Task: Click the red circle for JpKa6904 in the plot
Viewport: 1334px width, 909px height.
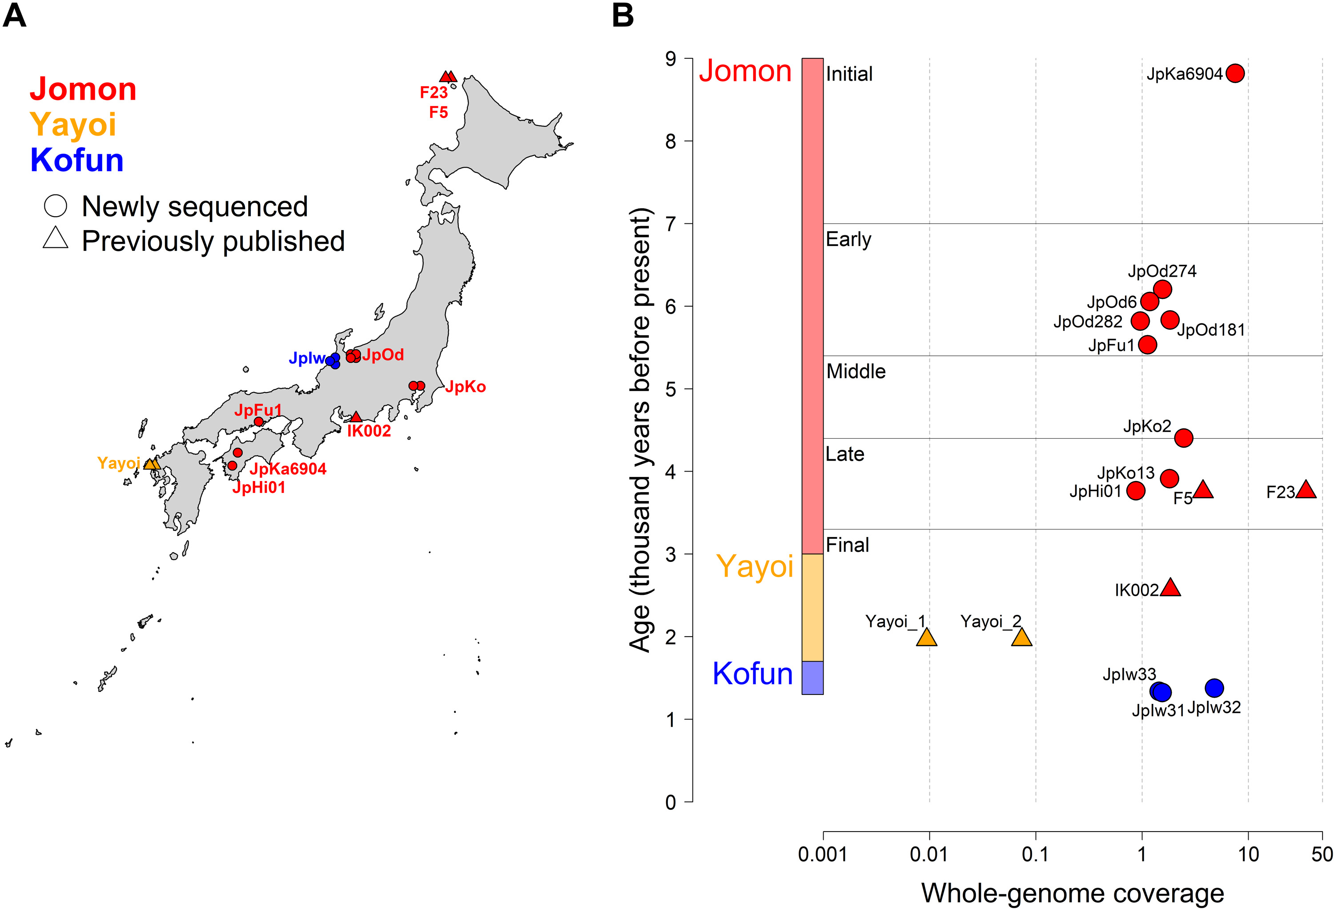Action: [x=1235, y=73]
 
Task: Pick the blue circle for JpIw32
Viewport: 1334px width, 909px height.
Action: [x=1214, y=687]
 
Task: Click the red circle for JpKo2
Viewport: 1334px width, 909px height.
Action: [x=1183, y=437]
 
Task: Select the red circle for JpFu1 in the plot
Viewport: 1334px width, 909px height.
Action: [x=1147, y=344]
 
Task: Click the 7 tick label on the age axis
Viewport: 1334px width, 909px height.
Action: [x=671, y=224]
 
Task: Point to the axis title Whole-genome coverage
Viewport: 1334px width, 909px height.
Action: [x=1072, y=893]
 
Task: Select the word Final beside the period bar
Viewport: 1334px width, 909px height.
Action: [x=847, y=544]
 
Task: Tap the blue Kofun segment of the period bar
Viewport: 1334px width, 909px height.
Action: [x=812, y=678]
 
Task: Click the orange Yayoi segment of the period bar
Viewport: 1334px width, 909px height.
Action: [x=812, y=607]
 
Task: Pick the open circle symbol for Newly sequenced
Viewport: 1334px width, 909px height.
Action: [x=56, y=206]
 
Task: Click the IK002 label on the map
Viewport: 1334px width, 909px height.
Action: [x=369, y=431]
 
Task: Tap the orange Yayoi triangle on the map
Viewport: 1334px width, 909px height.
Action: [x=151, y=464]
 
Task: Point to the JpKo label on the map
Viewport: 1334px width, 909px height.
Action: [x=465, y=387]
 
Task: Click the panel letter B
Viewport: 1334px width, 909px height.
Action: [x=623, y=16]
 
